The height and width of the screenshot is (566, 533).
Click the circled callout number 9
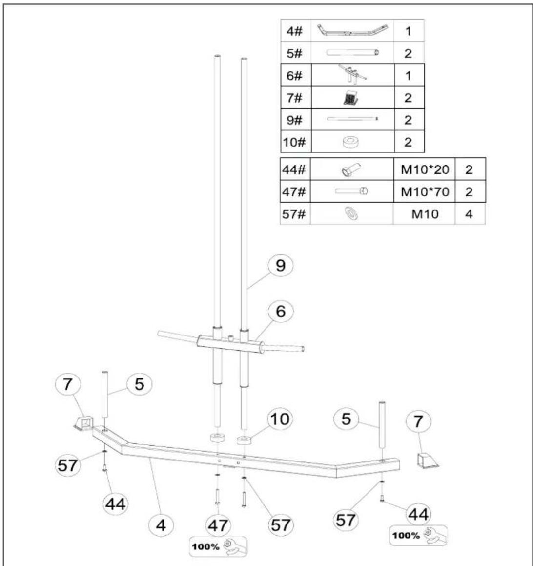[280, 266]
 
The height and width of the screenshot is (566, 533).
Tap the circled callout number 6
[280, 312]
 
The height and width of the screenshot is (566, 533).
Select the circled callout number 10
[280, 419]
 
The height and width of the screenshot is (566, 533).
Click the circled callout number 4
[161, 525]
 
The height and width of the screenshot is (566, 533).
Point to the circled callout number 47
[218, 525]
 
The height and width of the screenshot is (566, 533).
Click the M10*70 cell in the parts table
[425, 191]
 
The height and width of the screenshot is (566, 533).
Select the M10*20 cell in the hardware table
[425, 169]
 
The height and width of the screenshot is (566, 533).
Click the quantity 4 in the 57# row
[469, 214]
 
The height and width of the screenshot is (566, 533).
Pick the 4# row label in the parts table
[294, 31]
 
